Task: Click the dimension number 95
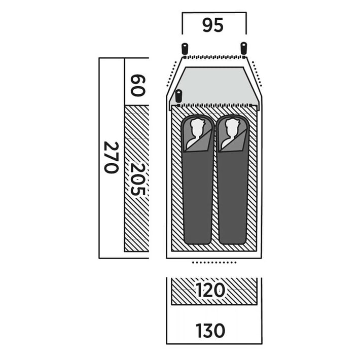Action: (x=213, y=25)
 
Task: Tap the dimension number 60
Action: (x=138, y=85)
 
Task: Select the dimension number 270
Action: (x=112, y=158)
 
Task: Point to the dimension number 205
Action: (x=138, y=179)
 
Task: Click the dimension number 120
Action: (x=210, y=290)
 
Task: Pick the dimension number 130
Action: (x=210, y=331)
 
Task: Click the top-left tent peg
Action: (x=185, y=48)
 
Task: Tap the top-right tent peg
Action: (x=243, y=48)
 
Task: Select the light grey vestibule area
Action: (x=214, y=86)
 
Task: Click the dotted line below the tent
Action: (x=214, y=262)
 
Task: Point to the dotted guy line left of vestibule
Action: (x=171, y=74)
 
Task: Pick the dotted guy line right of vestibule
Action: (x=257, y=74)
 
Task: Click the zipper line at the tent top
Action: (x=214, y=57)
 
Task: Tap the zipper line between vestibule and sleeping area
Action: (x=214, y=105)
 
